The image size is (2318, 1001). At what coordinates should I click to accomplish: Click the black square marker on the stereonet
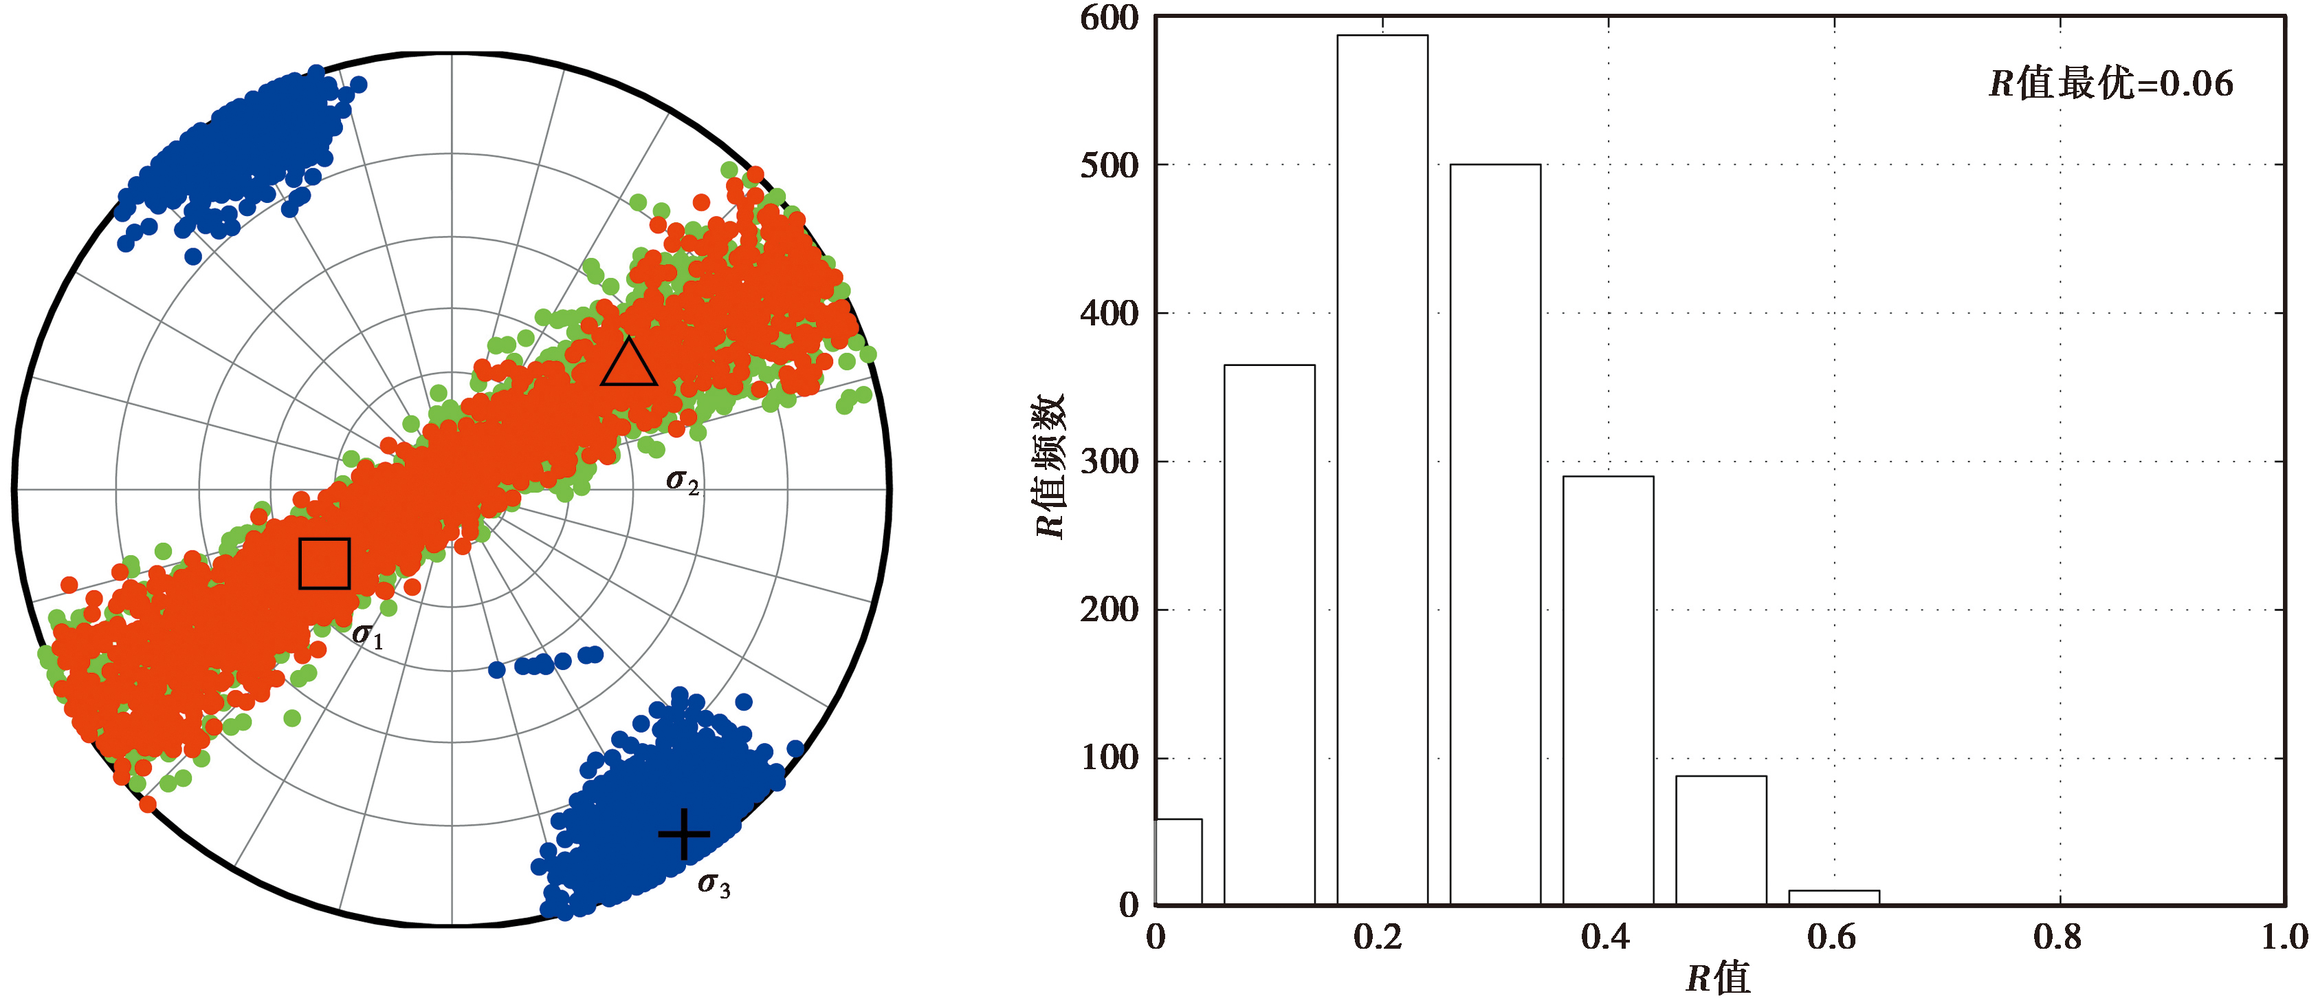click(324, 563)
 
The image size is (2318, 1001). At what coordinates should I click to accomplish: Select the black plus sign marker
click(684, 834)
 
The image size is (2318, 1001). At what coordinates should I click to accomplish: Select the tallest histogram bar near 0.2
click(1382, 468)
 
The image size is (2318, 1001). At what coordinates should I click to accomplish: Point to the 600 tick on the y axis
click(1109, 18)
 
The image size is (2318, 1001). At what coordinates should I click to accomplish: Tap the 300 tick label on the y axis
click(1109, 462)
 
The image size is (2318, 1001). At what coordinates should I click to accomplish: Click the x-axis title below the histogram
click(1718, 978)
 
